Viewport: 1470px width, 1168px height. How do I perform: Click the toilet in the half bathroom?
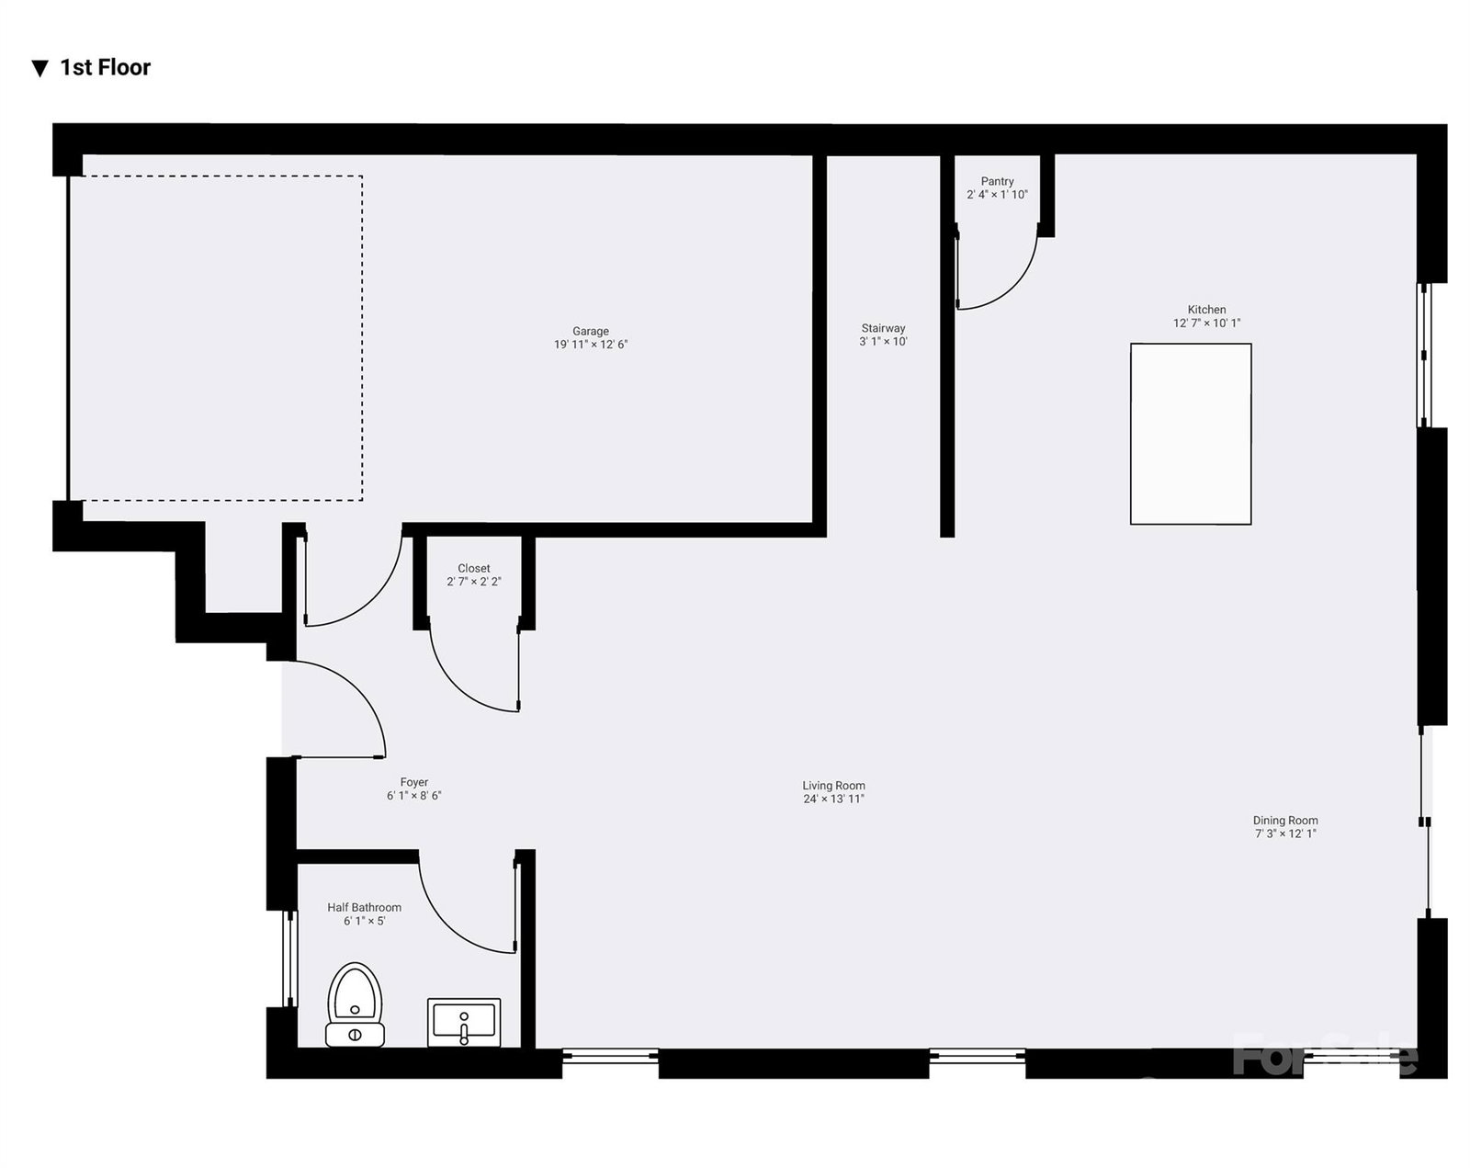pyautogui.click(x=355, y=1004)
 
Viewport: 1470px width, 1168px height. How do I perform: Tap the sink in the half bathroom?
pyautogui.click(x=464, y=1023)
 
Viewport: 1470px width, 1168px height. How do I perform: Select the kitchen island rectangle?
pyautogui.click(x=1191, y=434)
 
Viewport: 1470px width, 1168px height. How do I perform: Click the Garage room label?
pyautogui.click(x=591, y=331)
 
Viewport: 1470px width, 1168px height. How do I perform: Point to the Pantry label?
pyautogui.click(x=998, y=181)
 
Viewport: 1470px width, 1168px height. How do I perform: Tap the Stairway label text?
pyautogui.click(x=883, y=328)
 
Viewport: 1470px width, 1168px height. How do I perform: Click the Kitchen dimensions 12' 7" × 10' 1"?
pyautogui.click(x=1207, y=323)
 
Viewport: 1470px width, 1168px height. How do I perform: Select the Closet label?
pyautogui.click(x=474, y=568)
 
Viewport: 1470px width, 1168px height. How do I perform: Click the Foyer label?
pyautogui.click(x=414, y=782)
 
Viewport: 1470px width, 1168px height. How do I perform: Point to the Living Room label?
pyautogui.click(x=833, y=786)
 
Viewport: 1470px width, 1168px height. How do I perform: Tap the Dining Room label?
pyautogui.click(x=1285, y=820)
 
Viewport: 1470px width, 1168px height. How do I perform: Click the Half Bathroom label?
pyautogui.click(x=364, y=907)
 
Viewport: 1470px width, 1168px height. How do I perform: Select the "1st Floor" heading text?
pyautogui.click(x=105, y=67)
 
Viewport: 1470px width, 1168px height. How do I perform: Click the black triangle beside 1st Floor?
pyautogui.click(x=40, y=68)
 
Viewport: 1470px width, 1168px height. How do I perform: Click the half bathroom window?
pyautogui.click(x=290, y=958)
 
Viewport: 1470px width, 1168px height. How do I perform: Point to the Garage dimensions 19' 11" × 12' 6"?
pyautogui.click(x=591, y=345)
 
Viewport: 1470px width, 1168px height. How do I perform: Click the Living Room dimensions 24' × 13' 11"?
pyautogui.click(x=833, y=799)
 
